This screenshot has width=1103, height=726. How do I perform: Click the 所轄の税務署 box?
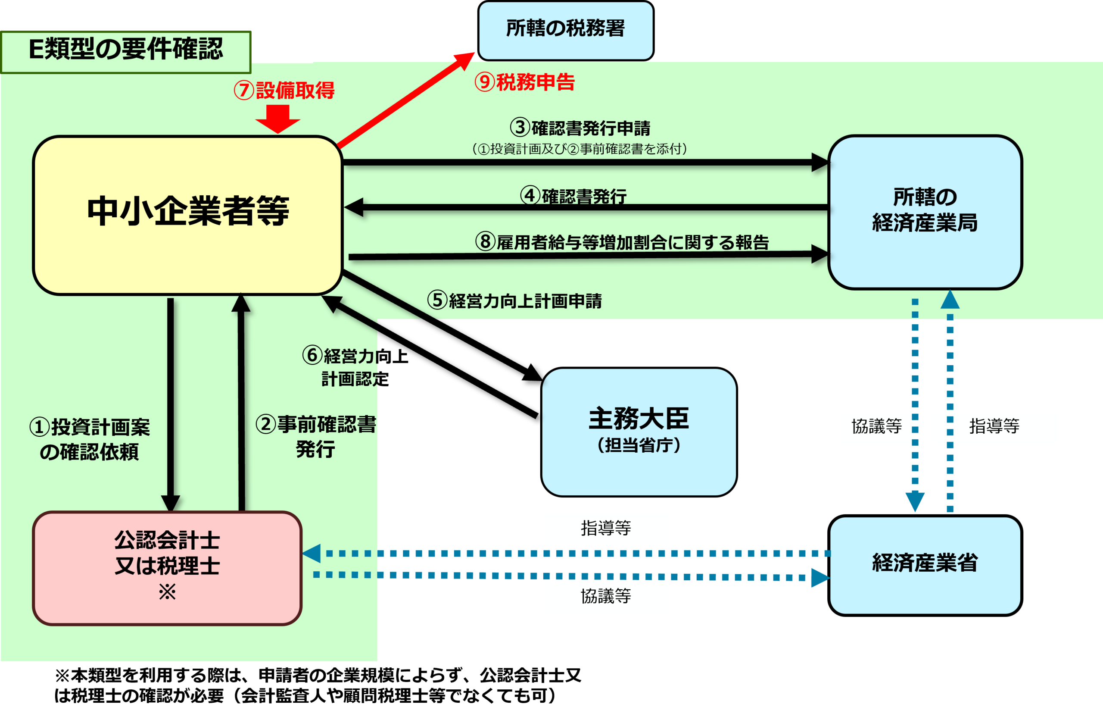[x=565, y=30]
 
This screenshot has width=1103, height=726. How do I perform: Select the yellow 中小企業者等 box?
[x=188, y=214]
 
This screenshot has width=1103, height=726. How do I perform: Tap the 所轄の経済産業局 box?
[x=925, y=211]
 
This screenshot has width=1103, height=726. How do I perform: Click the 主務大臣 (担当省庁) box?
[x=639, y=431]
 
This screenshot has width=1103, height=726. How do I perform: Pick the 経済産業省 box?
[x=925, y=564]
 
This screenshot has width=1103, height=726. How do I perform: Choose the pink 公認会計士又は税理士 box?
[x=167, y=567]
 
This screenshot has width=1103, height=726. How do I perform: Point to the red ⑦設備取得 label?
[x=284, y=90]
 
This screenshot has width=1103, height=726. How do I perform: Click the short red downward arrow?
[x=277, y=118]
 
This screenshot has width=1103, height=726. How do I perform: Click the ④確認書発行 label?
[x=573, y=196]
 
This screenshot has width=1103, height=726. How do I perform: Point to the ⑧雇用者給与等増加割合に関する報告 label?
[x=622, y=241]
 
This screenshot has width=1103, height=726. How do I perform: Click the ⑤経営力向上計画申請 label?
[x=514, y=301]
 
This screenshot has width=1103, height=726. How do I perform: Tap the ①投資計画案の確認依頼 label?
[x=90, y=439]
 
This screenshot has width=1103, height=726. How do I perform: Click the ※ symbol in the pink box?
[x=167, y=591]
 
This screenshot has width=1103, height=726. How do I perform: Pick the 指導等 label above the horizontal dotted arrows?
[x=606, y=529]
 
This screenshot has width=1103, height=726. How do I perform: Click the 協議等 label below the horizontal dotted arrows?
[x=606, y=597]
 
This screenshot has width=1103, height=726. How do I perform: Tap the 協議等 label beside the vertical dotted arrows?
[x=876, y=427]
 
